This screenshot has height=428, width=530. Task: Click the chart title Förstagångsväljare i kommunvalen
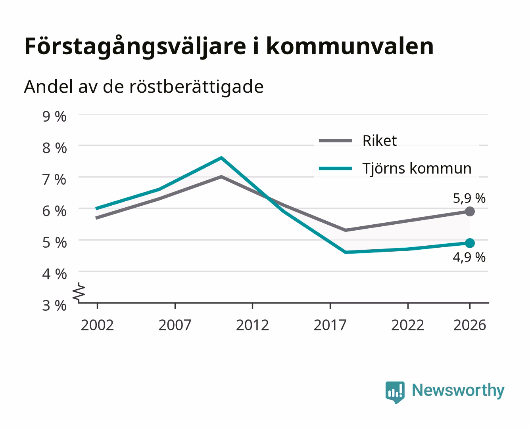(229, 47)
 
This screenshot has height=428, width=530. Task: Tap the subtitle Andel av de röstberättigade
(144, 87)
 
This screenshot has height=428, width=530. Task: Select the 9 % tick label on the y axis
(54, 117)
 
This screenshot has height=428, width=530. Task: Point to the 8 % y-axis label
(54, 148)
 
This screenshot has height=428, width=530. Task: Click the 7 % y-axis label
(54, 180)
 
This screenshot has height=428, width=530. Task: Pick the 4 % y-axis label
(54, 274)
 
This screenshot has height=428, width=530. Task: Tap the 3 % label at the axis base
(54, 306)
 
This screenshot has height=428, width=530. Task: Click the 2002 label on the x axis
(97, 325)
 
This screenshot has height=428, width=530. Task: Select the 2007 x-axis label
(175, 325)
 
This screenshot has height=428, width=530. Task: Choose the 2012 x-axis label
(253, 325)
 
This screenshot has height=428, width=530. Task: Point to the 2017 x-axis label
(330, 325)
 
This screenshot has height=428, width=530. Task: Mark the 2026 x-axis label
(470, 325)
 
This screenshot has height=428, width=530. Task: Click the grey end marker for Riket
(470, 212)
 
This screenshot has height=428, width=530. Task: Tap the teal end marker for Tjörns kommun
(470, 243)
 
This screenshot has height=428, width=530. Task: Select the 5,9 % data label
(469, 198)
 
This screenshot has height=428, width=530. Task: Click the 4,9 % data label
(469, 257)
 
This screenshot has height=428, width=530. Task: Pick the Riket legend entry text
(380, 141)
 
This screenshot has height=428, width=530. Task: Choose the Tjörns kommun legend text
(417, 168)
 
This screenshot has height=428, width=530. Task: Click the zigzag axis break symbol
(79, 292)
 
